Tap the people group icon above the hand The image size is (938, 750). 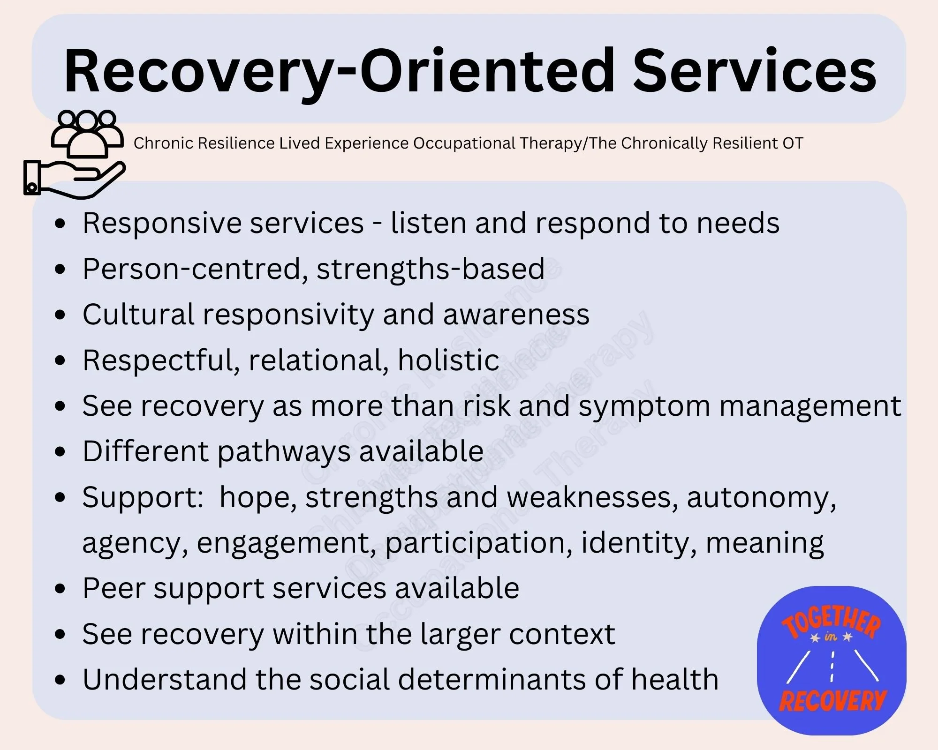coord(87,133)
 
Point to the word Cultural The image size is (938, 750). coord(138,315)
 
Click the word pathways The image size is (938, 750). coord(284,451)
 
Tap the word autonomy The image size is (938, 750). coord(761,497)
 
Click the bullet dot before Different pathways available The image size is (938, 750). coord(60,452)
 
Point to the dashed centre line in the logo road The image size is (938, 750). coord(832,666)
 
